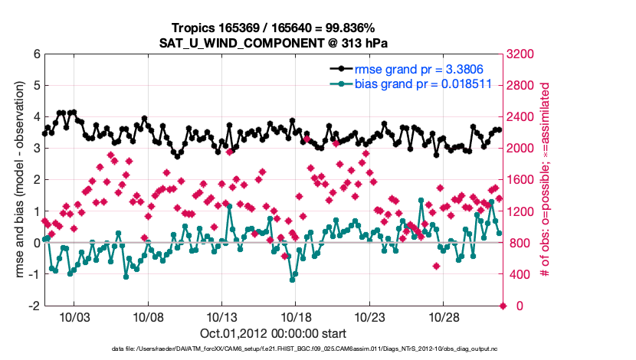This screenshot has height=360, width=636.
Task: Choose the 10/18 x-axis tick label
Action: (296, 317)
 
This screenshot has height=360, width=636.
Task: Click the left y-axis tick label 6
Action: (37, 54)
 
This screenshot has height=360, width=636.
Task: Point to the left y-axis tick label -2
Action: (34, 306)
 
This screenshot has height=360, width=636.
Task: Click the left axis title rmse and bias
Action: (19, 180)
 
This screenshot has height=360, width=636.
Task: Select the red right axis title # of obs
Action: (546, 180)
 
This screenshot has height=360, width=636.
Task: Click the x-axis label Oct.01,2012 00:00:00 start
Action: (274, 333)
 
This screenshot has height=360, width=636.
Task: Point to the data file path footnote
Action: (274, 349)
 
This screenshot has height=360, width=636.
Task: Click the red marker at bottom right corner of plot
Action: (503, 306)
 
